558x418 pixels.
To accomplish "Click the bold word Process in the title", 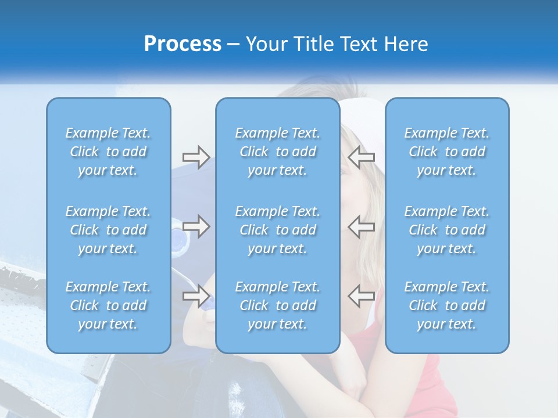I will click(183, 44).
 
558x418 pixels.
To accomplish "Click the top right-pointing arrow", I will click(196, 157).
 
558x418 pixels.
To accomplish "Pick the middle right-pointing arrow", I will click(196, 226).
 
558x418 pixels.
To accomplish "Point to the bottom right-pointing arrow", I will click(196, 296).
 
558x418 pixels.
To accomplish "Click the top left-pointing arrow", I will click(361, 157).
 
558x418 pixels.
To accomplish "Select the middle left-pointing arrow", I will click(361, 226).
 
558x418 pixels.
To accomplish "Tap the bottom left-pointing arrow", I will click(361, 296).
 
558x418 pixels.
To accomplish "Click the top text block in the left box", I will click(108, 152).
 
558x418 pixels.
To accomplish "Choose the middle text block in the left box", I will click(108, 230).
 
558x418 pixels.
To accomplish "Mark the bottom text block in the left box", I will click(108, 305).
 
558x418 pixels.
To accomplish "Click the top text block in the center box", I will click(278, 152).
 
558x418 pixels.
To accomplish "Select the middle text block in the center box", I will click(278, 230).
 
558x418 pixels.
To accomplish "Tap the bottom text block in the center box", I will click(278, 305).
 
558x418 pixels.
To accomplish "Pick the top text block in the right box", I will click(447, 152).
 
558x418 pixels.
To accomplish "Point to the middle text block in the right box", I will click(447, 230).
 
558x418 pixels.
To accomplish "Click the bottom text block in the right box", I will click(447, 305).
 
